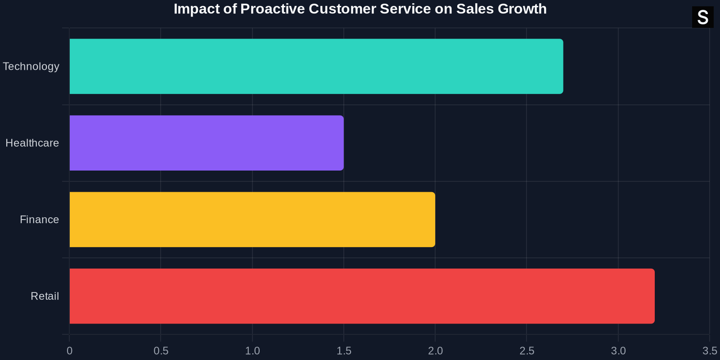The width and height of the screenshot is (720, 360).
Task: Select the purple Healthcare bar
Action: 207,143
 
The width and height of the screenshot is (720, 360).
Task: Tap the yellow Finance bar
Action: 252,220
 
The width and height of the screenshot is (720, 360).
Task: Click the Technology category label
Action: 31,67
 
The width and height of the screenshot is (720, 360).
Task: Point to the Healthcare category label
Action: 32,143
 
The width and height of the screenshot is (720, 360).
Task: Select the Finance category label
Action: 39,220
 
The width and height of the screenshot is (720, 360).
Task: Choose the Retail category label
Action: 45,296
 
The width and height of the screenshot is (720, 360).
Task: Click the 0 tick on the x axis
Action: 69,351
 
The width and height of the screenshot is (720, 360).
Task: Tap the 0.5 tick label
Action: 161,351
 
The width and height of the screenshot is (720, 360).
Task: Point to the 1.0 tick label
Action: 252,351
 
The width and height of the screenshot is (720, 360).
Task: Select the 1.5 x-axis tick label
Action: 344,351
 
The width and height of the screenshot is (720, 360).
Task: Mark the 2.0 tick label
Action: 435,351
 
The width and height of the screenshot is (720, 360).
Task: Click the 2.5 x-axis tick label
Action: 527,351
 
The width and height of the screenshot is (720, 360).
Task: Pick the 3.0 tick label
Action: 618,351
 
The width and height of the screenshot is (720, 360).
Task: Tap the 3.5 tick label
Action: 710,351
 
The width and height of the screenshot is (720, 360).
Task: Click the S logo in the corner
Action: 702,18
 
